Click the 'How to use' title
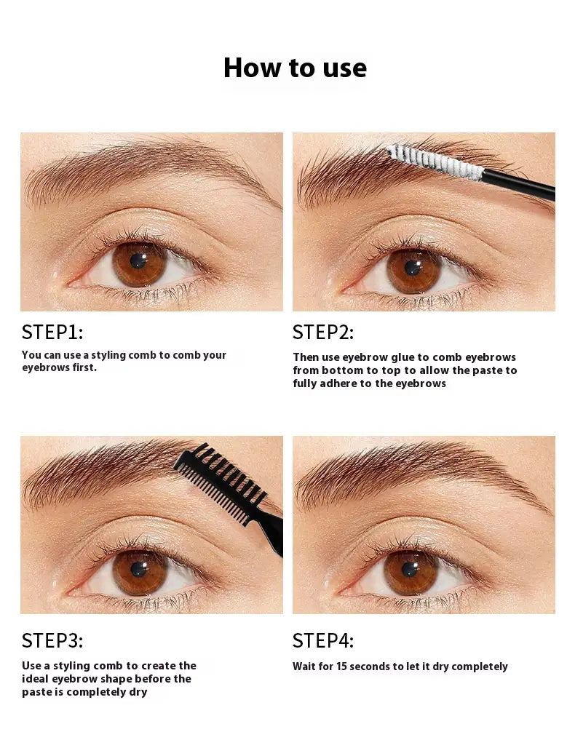pyautogui.click(x=295, y=68)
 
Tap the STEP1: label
pyautogui.click(x=52, y=333)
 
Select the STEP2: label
pyautogui.click(x=323, y=333)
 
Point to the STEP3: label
pyautogui.click(x=52, y=640)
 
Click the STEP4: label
pyautogui.click(x=323, y=640)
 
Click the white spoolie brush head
pyautogui.click(x=435, y=162)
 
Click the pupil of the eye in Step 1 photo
pyautogui.click(x=138, y=260)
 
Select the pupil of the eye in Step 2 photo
pyautogui.click(x=412, y=268)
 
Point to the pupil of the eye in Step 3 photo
pyautogui.click(x=138, y=569)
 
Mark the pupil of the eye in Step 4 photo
pyautogui.click(x=410, y=570)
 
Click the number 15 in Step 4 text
pyautogui.click(x=341, y=667)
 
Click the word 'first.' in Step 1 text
pyautogui.click(x=84, y=367)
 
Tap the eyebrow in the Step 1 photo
pyautogui.click(x=143, y=170)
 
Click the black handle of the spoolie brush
pyautogui.click(x=519, y=186)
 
